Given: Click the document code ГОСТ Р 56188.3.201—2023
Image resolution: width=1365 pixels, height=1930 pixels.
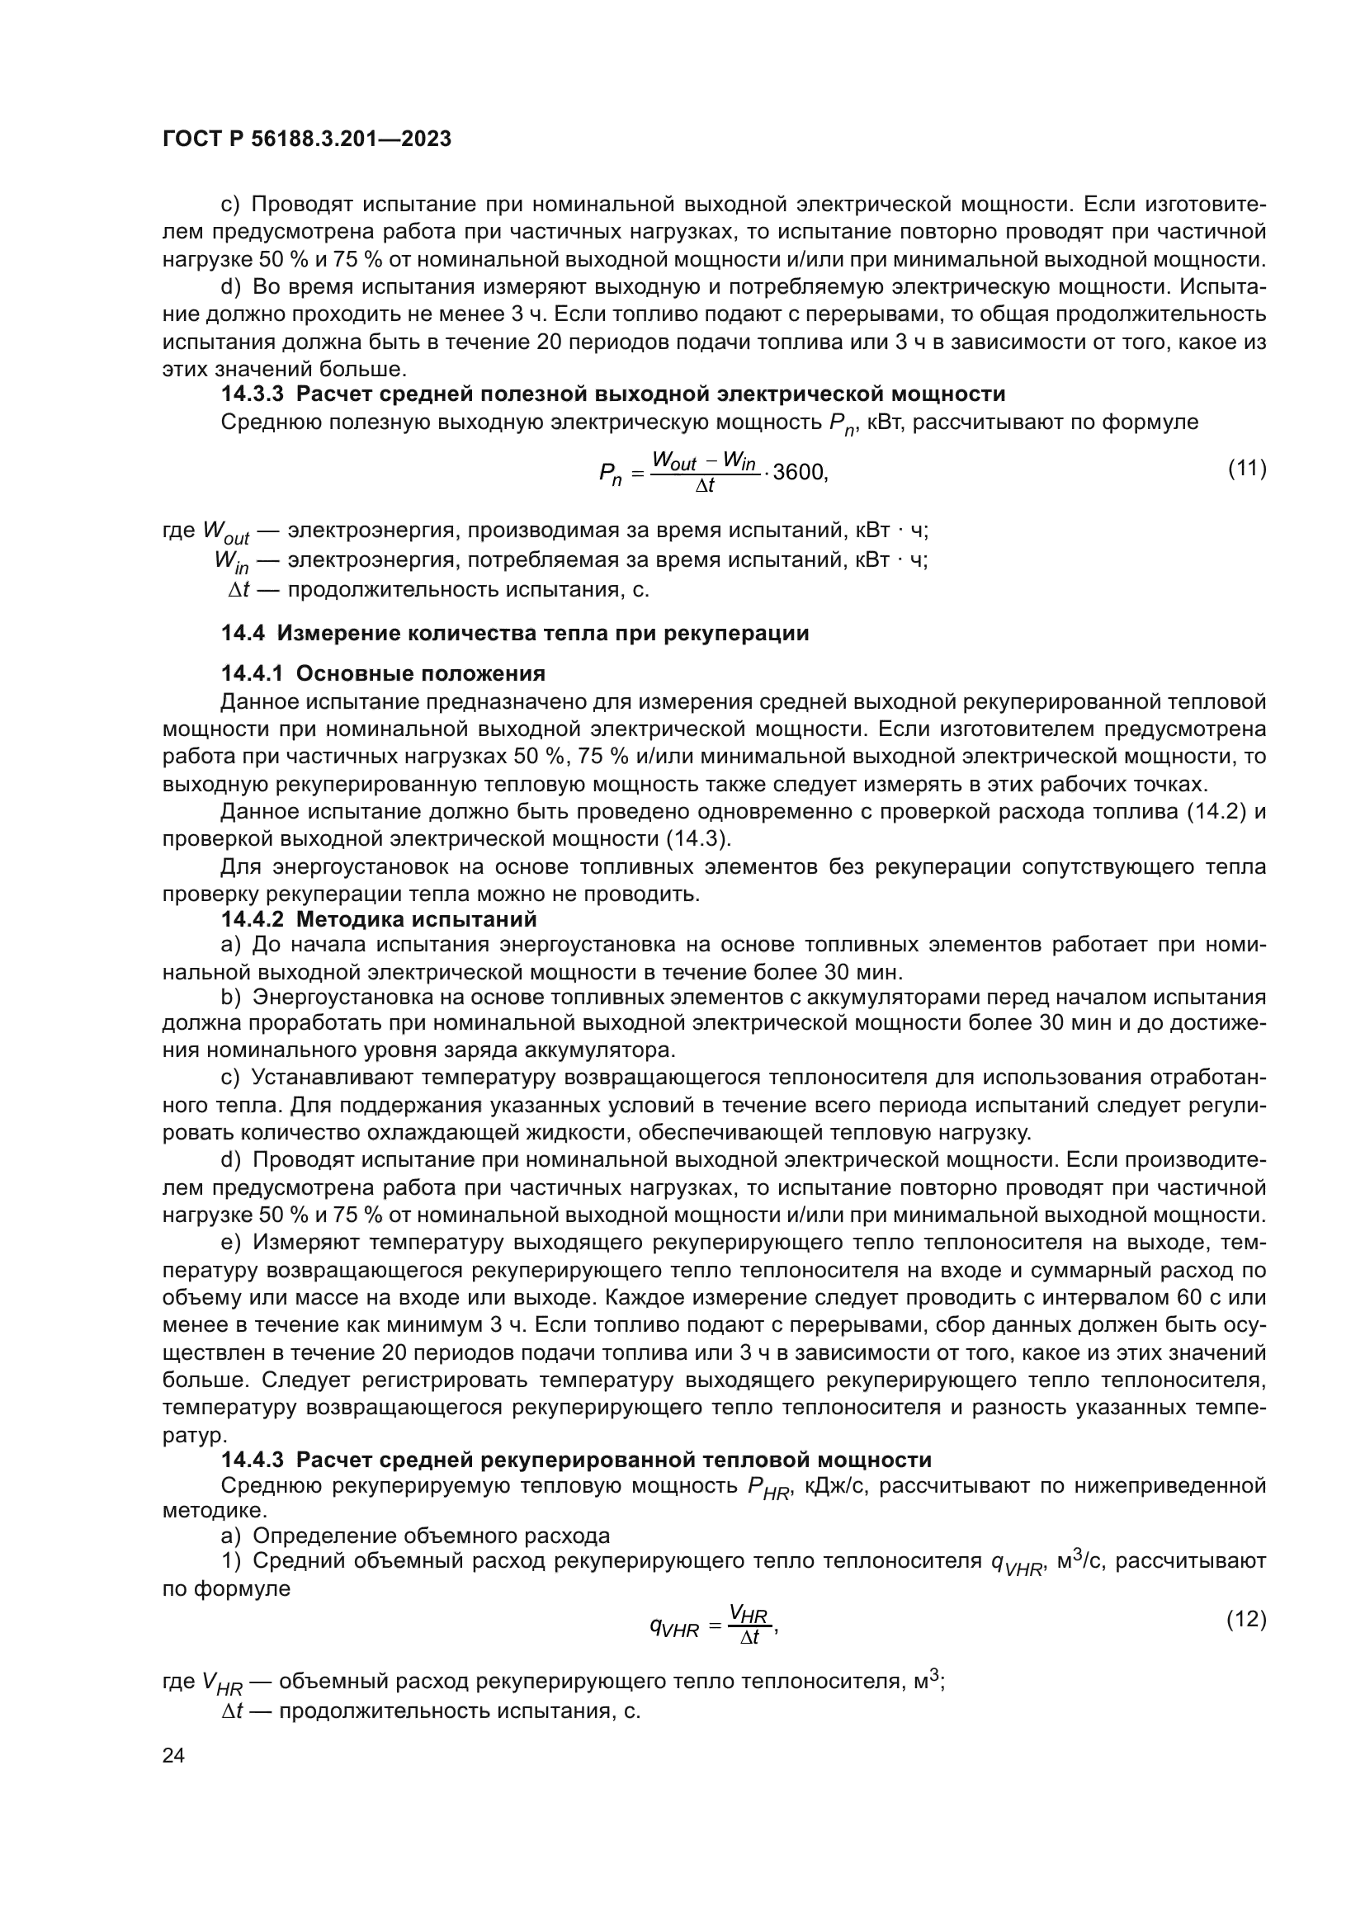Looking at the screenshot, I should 307,139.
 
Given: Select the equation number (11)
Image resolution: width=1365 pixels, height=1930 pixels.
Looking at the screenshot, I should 1246,468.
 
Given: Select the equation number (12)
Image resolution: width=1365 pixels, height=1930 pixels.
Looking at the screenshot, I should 1246,1619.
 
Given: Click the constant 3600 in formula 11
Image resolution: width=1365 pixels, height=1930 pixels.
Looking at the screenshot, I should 799,473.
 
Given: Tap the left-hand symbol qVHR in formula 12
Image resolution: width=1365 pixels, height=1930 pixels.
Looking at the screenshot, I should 674,1628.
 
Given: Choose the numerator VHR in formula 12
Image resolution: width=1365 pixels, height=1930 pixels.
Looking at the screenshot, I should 747,1613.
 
